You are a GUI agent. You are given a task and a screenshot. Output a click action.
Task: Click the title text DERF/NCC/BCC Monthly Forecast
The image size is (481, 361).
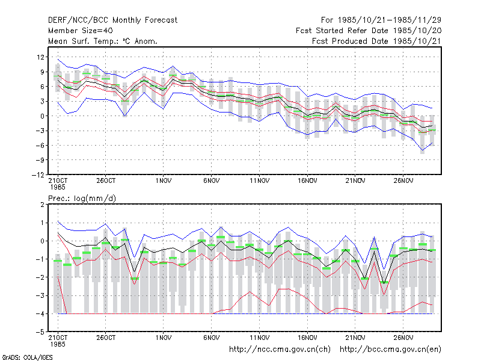(112, 20)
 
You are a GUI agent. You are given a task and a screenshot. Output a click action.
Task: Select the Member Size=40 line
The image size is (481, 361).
(81, 31)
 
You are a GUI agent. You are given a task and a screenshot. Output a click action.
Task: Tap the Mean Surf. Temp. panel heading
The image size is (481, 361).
(103, 41)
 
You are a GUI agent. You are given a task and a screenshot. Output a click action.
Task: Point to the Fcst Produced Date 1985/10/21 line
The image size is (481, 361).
(376, 41)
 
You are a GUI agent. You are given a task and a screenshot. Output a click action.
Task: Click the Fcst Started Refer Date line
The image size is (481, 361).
(369, 31)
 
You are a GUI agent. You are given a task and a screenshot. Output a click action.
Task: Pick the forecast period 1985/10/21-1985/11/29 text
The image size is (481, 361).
(381, 20)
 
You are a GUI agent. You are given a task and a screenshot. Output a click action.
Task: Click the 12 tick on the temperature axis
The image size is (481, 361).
(40, 57)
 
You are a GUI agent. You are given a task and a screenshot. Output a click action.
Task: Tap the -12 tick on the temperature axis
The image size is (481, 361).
(38, 174)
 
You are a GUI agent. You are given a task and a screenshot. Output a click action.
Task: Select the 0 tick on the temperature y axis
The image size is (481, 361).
(43, 116)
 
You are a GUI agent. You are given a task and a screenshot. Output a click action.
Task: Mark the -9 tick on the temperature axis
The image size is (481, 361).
(40, 160)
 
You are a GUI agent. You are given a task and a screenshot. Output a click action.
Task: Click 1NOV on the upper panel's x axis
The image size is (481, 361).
(164, 181)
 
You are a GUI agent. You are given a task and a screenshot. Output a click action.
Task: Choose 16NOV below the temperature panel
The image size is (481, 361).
(307, 181)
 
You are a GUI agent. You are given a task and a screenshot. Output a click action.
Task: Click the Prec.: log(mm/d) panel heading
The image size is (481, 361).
(82, 199)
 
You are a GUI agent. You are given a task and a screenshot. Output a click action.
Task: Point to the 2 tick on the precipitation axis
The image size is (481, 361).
(42, 205)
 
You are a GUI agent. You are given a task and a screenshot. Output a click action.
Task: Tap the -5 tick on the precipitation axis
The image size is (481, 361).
(40, 332)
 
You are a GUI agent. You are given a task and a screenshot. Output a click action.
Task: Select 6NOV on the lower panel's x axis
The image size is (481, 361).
(212, 338)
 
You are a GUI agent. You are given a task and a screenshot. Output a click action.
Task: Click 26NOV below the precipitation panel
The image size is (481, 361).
(403, 338)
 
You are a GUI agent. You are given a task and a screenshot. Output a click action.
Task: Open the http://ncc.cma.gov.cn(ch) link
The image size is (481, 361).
(280, 350)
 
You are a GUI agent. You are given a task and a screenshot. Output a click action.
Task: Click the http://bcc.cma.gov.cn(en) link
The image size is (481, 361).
(390, 350)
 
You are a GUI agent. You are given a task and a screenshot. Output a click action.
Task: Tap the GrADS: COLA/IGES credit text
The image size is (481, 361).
(27, 357)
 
